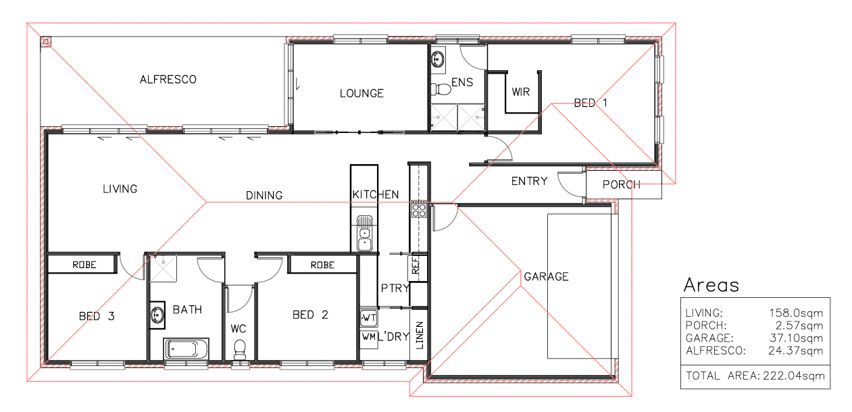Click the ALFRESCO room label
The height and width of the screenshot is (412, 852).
point(168,80)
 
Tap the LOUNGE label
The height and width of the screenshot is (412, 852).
point(361,93)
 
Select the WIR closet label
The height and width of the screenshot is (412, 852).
point(521,92)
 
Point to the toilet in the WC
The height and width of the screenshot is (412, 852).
point(240,350)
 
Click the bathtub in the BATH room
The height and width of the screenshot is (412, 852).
point(186,349)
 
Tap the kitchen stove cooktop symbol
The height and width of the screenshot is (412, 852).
point(419,209)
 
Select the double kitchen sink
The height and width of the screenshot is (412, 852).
point(364,233)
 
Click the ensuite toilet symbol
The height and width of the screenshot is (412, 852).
point(441,89)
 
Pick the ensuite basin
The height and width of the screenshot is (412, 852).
point(438,59)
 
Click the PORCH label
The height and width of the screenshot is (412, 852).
point(622,184)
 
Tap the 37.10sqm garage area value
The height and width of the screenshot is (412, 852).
point(796,338)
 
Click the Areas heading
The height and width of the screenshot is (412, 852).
point(711,285)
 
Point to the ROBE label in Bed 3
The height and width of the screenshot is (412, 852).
point(84,265)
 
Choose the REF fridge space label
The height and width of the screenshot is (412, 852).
point(416,265)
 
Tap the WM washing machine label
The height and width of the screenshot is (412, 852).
point(368,336)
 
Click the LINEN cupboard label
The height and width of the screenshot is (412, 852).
point(419,335)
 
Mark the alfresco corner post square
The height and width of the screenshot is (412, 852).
point(46,42)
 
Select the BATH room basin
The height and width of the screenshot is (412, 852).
point(157,315)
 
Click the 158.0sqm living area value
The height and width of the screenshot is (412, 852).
point(796,313)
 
